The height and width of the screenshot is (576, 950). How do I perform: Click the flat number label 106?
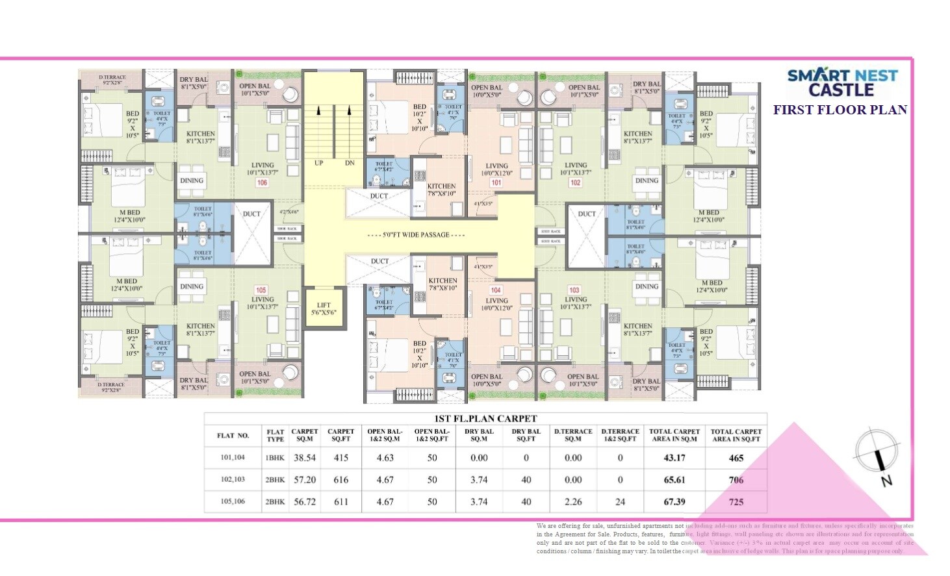tap(262, 183)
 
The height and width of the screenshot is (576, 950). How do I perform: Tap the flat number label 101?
tap(496, 183)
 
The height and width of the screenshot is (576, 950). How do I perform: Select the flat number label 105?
tap(261, 290)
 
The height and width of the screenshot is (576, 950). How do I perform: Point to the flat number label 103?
tap(574, 290)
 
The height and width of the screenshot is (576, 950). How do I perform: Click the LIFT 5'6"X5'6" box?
tap(324, 309)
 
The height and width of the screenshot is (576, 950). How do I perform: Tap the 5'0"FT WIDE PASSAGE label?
tap(416, 235)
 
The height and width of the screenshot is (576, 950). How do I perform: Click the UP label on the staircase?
tap(318, 163)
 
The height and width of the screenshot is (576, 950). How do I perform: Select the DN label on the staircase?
tap(350, 163)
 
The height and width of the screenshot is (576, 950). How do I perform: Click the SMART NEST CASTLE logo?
tap(842, 82)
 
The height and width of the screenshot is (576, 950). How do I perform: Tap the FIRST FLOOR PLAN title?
tap(840, 110)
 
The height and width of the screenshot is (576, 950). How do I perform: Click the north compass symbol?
tap(879, 455)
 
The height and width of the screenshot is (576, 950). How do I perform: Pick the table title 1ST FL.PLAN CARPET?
tap(485, 419)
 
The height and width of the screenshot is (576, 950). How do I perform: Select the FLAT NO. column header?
tap(233, 435)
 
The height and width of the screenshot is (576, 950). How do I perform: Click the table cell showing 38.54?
tap(304, 458)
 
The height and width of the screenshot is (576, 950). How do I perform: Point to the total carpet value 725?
tap(736, 502)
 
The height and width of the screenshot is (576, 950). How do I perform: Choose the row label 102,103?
tap(233, 480)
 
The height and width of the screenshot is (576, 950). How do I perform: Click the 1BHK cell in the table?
tap(275, 458)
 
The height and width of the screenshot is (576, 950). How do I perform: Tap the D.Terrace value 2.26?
tap(573, 502)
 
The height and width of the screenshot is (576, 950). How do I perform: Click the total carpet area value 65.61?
tap(674, 480)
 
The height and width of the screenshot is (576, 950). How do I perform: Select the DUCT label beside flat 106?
tap(251, 214)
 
